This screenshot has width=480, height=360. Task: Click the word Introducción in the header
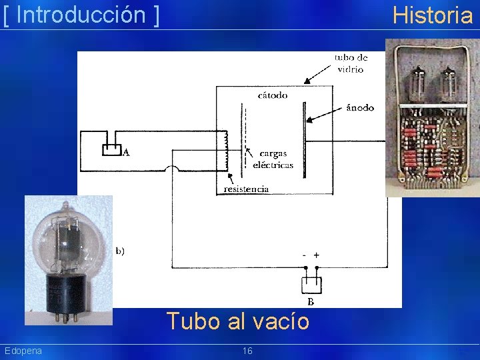[80, 14]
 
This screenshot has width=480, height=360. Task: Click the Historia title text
[432, 14]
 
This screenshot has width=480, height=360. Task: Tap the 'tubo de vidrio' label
[351, 63]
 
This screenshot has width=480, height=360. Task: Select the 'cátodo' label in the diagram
[273, 95]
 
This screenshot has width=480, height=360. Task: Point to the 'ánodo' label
[361, 107]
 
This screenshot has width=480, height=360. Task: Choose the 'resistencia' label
[247, 189]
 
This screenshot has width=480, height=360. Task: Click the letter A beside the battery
[126, 153]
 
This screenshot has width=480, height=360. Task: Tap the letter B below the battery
[311, 301]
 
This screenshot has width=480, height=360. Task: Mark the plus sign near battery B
[317, 255]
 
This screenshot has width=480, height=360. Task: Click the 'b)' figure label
[121, 251]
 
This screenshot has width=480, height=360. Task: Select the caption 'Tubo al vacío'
[238, 321]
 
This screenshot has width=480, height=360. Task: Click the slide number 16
[247, 351]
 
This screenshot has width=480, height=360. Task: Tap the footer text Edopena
[23, 351]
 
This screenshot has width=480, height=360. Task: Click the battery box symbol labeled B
[311, 284]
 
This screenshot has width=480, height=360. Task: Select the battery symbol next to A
[111, 148]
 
